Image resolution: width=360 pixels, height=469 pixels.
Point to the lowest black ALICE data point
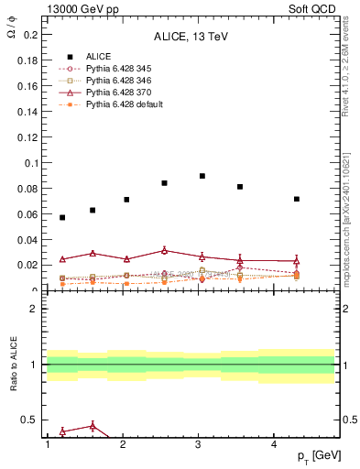click(x=62, y=217)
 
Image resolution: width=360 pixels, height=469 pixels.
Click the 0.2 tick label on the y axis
click(x=28, y=36)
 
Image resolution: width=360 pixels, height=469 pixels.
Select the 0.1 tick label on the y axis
click(x=28, y=163)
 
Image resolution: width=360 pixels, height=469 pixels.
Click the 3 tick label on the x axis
click(x=199, y=444)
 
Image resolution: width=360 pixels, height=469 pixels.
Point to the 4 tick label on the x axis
click(x=275, y=444)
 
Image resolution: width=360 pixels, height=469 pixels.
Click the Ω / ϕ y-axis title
click(x=10, y=33)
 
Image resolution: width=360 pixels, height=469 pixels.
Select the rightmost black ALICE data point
click(x=297, y=199)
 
